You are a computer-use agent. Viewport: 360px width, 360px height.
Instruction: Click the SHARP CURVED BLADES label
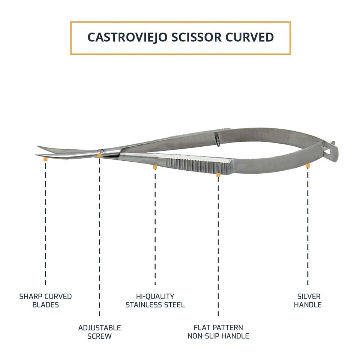point(45,300)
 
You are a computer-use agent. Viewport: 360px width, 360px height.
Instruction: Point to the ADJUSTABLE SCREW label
point(99,332)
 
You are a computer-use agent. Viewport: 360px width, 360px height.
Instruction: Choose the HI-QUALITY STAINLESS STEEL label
point(155,300)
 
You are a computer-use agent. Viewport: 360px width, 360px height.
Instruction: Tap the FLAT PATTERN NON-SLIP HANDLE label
point(218,332)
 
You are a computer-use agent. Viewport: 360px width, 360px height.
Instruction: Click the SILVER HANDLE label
point(307,300)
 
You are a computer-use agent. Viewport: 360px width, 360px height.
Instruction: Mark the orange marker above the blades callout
point(45,159)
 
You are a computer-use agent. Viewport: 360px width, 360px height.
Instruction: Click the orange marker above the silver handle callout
point(307,165)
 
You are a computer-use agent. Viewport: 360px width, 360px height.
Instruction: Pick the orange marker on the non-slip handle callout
point(218,175)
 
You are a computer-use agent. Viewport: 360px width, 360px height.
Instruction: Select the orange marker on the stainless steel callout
point(155,167)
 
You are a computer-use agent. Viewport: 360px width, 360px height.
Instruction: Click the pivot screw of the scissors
point(99,151)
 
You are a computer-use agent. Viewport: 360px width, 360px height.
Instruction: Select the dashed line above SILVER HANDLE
point(307,225)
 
